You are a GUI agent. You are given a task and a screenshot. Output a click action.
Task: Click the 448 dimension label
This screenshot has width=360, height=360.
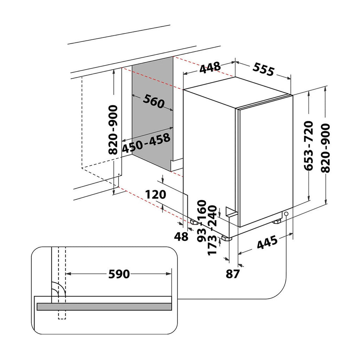pyautogui.click(x=210, y=67)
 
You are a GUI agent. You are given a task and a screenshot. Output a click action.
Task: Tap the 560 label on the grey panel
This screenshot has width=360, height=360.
pyautogui.click(x=154, y=102)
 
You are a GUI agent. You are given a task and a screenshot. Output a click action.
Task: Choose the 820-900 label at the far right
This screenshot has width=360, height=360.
pyautogui.click(x=326, y=148)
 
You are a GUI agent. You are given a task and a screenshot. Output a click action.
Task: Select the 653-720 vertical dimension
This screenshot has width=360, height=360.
pyautogui.click(x=308, y=146)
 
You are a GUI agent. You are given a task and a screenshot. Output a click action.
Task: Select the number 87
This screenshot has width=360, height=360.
pyautogui.click(x=232, y=273)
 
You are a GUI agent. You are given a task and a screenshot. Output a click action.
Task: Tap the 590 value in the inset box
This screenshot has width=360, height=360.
pyautogui.click(x=119, y=274)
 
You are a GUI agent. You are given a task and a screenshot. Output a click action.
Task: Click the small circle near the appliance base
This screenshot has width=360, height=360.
pyautogui.click(x=286, y=214)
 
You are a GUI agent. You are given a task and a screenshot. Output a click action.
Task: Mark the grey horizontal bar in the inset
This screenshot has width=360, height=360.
pyautogui.click(x=104, y=307)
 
